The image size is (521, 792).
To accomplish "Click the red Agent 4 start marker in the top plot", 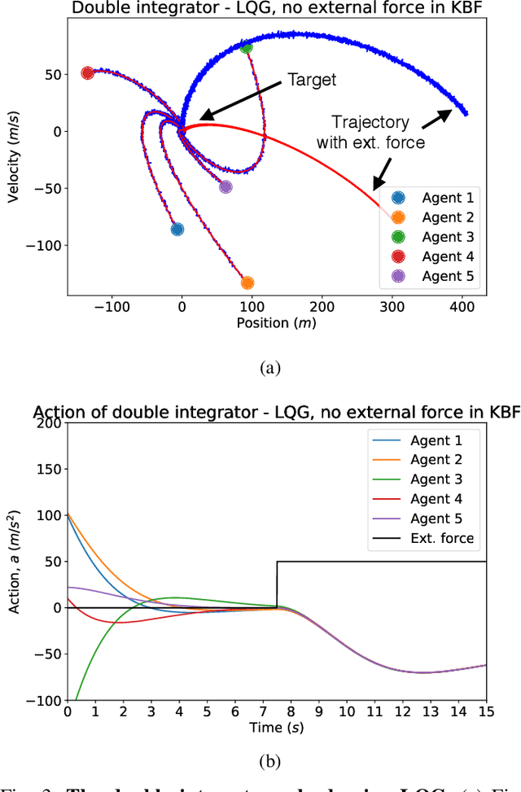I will click(88, 73).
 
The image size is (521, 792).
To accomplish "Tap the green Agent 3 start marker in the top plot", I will click(247, 47).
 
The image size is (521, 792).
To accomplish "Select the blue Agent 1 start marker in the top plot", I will click(177, 230).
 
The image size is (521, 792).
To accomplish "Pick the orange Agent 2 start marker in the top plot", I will click(247, 282).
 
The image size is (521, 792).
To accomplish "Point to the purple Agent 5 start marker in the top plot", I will click(225, 186).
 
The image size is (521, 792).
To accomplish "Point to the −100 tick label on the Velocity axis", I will click(39, 245).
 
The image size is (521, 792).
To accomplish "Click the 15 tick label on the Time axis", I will click(486, 711).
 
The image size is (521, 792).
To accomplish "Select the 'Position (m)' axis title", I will click(276, 323).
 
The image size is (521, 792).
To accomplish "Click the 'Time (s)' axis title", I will click(276, 727).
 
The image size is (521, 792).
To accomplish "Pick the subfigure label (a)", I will click(270, 369).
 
